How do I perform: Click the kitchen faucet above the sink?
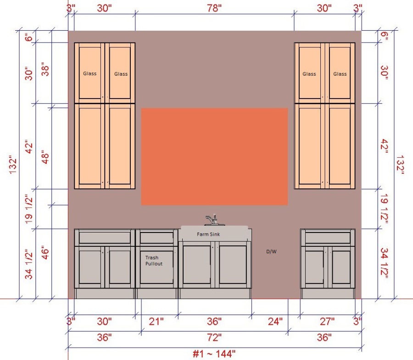click(x=214, y=220)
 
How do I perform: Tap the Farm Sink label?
click(x=208, y=234)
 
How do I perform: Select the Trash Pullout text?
click(x=154, y=260)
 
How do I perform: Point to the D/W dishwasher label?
click(x=271, y=252)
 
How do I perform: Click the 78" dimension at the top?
click(x=214, y=8)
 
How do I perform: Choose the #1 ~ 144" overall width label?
click(x=214, y=354)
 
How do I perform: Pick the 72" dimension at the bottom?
click(x=214, y=337)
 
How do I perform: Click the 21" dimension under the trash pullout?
click(x=156, y=321)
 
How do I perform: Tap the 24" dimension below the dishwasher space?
click(x=275, y=321)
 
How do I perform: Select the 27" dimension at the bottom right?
click(x=327, y=321)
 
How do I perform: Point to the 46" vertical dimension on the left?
click(x=45, y=252)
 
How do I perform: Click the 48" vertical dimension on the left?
click(x=45, y=157)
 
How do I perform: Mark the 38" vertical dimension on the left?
click(x=45, y=69)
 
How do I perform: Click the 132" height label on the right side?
click(x=400, y=165)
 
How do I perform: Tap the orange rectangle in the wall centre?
click(x=214, y=156)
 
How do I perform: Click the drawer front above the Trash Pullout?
click(x=157, y=238)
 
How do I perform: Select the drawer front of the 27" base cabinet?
click(x=328, y=238)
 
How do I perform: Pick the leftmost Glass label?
click(x=90, y=74)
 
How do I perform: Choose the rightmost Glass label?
click(x=340, y=74)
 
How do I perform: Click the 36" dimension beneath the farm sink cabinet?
click(x=214, y=321)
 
